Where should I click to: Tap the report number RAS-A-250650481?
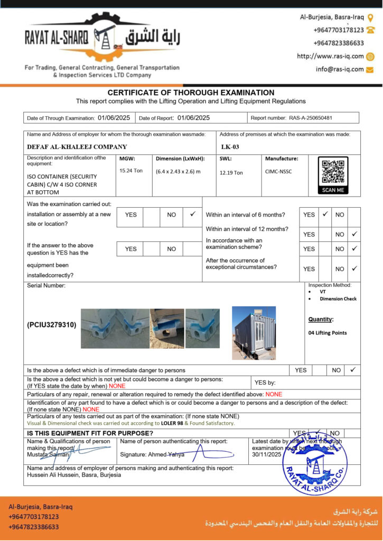click(x=310, y=118)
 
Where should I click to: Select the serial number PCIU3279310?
click(x=52, y=325)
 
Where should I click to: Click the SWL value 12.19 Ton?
click(x=231, y=173)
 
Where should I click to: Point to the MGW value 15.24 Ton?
click(x=131, y=171)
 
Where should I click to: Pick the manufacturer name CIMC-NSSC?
click(x=278, y=171)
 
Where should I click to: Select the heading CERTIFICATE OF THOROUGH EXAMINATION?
click(x=191, y=92)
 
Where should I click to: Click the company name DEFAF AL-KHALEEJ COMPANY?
click(x=77, y=147)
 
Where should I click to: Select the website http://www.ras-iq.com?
click(x=330, y=56)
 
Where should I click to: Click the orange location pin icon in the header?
click(x=370, y=17)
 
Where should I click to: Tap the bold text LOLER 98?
click(x=172, y=423)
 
